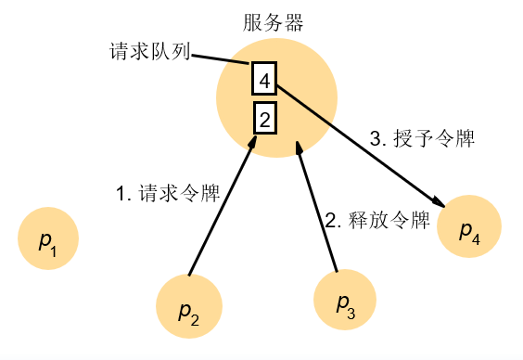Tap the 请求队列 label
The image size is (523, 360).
149,53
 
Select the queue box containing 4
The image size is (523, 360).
264,81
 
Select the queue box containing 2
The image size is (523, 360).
264,119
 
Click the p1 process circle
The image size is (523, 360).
48,242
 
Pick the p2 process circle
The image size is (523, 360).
188,307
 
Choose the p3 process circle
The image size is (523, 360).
345,301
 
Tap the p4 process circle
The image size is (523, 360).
469,228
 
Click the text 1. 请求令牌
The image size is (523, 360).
167,194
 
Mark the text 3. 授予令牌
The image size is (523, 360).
422,140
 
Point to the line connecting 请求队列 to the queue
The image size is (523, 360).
221,59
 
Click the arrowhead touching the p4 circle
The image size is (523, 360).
437,201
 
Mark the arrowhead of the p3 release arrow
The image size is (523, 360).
299,148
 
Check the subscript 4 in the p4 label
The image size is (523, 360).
476,238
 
